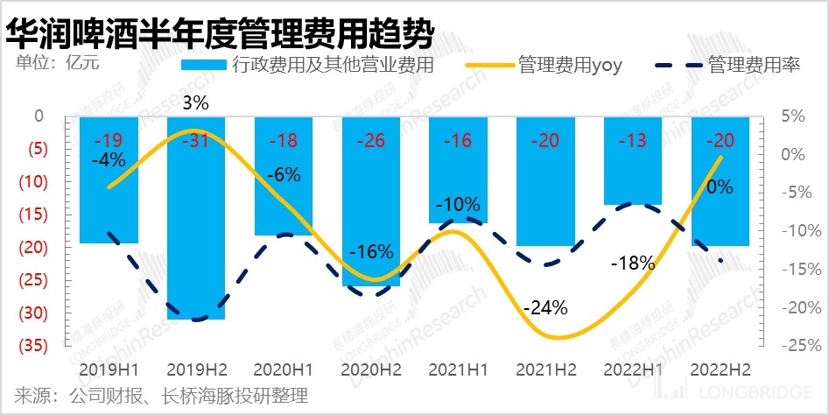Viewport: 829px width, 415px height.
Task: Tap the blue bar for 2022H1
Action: (x=633, y=175)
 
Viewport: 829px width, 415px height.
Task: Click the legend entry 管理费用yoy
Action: (x=569, y=66)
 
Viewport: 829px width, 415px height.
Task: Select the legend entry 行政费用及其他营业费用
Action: (x=333, y=66)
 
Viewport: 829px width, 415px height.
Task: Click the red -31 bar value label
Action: (x=196, y=141)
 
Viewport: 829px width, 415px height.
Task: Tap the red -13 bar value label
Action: (x=633, y=141)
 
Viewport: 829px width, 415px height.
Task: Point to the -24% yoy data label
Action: (x=545, y=308)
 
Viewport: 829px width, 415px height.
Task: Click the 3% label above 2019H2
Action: (x=196, y=103)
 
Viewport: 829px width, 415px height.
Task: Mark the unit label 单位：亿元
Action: (x=56, y=62)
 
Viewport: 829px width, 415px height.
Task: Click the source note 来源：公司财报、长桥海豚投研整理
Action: (x=162, y=395)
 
